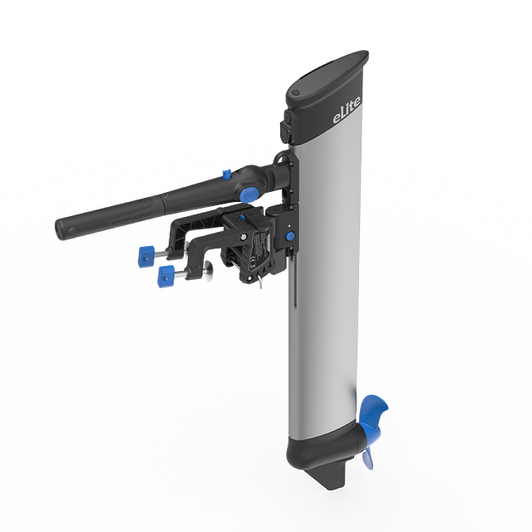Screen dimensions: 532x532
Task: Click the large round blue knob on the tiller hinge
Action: [x=248, y=195]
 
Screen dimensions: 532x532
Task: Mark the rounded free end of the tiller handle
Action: [x=62, y=227]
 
